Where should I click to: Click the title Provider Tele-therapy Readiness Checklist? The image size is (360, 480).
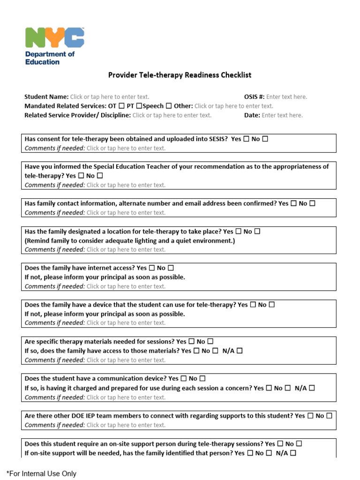(180, 75)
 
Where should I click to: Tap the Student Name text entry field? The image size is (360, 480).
(110, 97)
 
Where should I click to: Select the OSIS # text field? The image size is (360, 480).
(286, 97)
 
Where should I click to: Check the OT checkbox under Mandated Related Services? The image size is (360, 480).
(122, 106)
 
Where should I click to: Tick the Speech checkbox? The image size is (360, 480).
(169, 106)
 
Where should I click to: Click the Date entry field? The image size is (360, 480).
(282, 115)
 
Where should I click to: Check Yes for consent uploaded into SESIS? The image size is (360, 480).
(247, 139)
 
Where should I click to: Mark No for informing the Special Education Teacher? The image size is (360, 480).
(100, 176)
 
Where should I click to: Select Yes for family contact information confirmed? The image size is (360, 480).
(294, 203)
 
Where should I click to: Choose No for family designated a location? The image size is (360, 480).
(257, 232)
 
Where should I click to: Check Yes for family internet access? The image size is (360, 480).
(152, 268)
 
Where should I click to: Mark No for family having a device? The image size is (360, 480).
(272, 305)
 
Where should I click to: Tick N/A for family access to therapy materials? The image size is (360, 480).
(240, 351)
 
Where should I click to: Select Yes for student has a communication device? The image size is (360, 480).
(184, 378)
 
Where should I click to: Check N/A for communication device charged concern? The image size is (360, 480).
(312, 388)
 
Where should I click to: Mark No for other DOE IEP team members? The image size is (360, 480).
(330, 416)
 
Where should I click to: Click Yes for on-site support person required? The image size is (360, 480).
(280, 443)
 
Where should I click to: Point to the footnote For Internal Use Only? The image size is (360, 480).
(41, 474)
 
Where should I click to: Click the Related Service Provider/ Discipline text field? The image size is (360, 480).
(172, 115)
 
